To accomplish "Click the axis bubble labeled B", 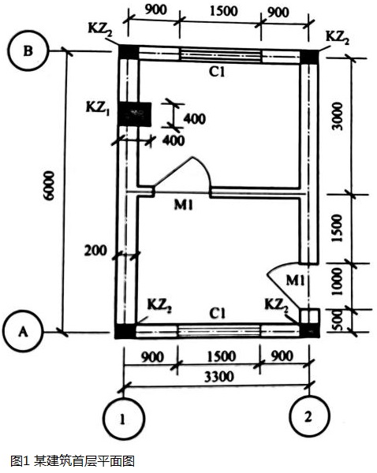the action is click(x=28, y=50).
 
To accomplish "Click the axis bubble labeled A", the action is click(x=23, y=332).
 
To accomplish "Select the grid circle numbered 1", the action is click(x=123, y=419).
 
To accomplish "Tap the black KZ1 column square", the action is click(x=134, y=114).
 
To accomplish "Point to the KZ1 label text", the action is click(x=98, y=109).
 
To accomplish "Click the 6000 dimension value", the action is click(x=49, y=185).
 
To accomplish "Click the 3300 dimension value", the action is click(x=219, y=377).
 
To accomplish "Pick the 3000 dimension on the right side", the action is click(x=338, y=117).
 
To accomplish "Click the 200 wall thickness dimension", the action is click(x=95, y=251).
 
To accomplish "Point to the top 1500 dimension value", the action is click(x=224, y=12).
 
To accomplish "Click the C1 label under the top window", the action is click(x=218, y=72).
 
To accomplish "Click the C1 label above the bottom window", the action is click(x=218, y=314).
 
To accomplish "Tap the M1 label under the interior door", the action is click(x=184, y=205).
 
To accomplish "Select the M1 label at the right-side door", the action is click(x=296, y=281).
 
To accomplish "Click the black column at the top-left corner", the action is click(x=129, y=52).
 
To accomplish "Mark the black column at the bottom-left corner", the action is click(x=125, y=331).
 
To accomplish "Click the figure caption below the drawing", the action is click(x=73, y=461).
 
